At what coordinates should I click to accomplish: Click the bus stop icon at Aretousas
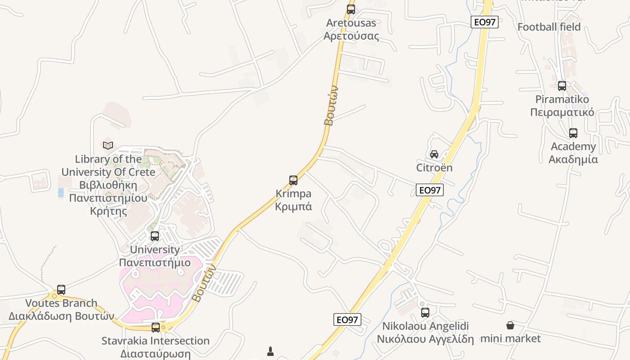(x=351, y=9)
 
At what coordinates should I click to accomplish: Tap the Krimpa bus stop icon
(x=293, y=180)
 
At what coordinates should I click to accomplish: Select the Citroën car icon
(x=434, y=154)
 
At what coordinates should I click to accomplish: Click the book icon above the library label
(x=108, y=145)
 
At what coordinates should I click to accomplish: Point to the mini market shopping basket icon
(x=510, y=325)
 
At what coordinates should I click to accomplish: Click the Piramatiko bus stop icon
(x=562, y=85)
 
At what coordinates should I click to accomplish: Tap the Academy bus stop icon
(x=573, y=133)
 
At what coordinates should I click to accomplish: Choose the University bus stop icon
(x=155, y=236)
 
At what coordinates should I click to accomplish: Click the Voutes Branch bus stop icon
(x=61, y=290)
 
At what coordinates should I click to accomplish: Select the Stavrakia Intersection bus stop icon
(x=156, y=327)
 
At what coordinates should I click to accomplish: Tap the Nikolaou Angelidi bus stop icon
(x=425, y=312)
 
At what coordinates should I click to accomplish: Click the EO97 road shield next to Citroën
(x=430, y=190)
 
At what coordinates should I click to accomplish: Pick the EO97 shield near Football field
(x=485, y=22)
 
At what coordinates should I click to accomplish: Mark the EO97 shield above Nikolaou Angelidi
(x=347, y=319)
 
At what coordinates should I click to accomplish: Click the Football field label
(x=549, y=27)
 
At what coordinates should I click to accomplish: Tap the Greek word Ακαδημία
(x=573, y=159)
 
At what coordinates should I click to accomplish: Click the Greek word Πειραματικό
(x=562, y=112)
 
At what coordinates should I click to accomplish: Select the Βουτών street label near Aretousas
(x=331, y=106)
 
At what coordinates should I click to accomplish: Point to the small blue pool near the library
(x=61, y=193)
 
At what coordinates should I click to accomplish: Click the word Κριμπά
(x=293, y=207)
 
